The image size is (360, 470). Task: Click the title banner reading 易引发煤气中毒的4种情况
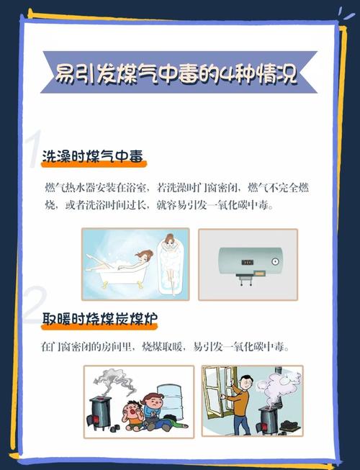(179, 72)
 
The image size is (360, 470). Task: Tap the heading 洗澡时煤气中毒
(93, 156)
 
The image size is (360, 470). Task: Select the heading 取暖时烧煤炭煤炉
(99, 319)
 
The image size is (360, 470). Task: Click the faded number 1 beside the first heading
(35, 149)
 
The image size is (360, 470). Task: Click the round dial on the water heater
(275, 261)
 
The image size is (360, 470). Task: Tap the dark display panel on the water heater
(248, 262)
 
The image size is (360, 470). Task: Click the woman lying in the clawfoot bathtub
(120, 261)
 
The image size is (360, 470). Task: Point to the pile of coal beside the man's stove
(289, 425)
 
